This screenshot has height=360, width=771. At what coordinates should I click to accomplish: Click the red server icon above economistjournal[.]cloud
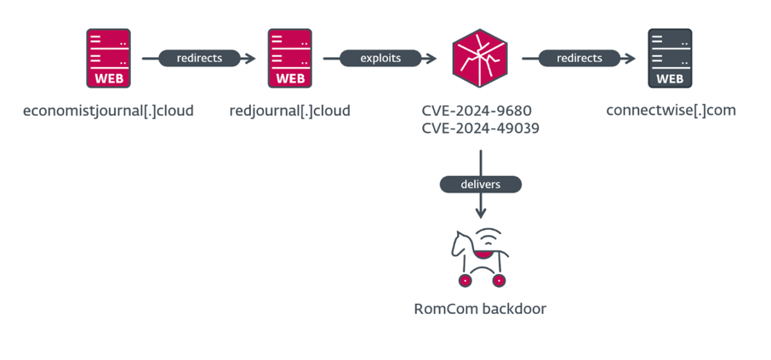click(x=109, y=59)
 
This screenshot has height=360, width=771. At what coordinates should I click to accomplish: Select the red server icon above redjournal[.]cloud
click(x=290, y=59)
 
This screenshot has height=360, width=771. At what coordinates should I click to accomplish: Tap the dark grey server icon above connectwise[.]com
click(x=670, y=59)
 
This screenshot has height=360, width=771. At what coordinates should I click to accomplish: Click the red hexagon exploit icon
click(x=480, y=58)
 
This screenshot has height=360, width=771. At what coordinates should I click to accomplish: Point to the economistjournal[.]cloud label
click(x=108, y=111)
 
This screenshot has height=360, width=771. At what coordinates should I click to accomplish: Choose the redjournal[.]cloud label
click(x=289, y=111)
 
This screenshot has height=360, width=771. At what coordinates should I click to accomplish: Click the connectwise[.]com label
click(x=671, y=111)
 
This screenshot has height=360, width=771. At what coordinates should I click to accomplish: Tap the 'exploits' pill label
click(x=382, y=59)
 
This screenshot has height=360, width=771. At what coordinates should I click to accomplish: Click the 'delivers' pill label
click(x=481, y=184)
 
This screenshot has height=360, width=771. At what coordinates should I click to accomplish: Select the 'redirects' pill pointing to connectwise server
click(x=579, y=59)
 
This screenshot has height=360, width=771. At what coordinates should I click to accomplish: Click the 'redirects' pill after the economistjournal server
click(x=199, y=59)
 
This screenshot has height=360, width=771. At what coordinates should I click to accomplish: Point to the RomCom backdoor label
click(x=480, y=309)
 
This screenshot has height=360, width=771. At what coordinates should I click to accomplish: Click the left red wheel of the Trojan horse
click(x=465, y=280)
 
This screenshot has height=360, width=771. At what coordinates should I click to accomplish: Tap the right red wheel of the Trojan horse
click(x=500, y=280)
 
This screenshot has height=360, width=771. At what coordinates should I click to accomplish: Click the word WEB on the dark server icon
click(x=670, y=79)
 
